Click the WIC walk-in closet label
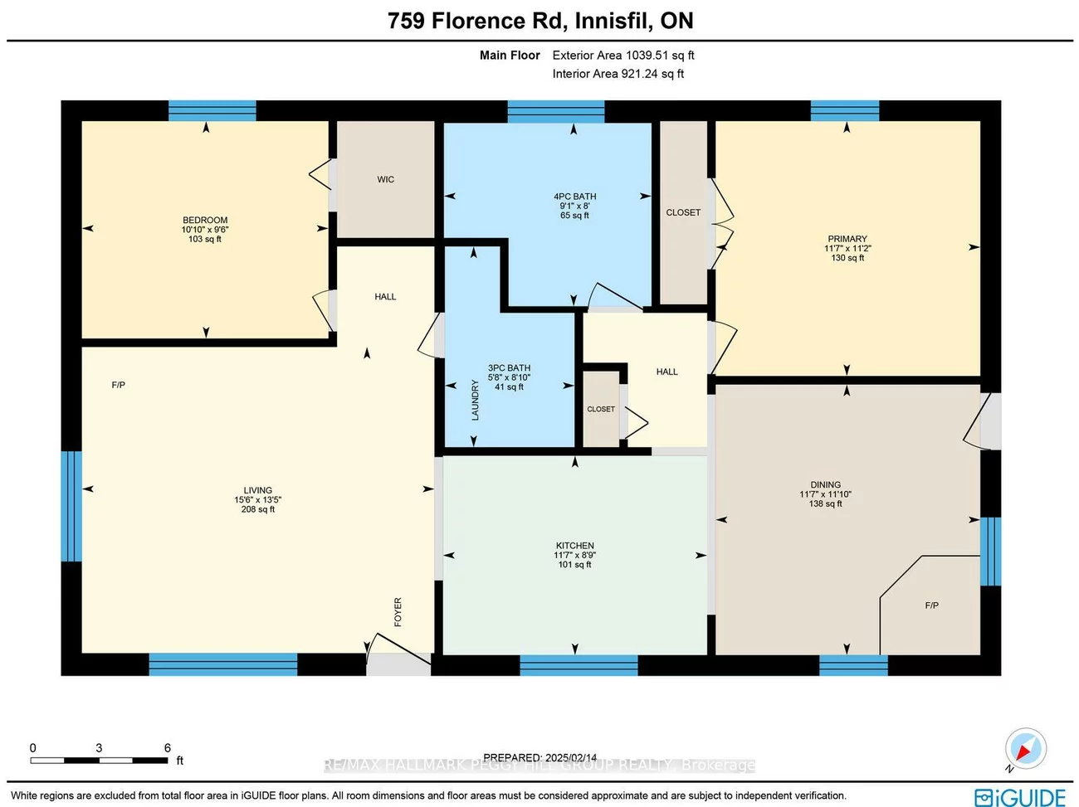pyautogui.click(x=385, y=179)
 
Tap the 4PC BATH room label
pyautogui.click(x=574, y=197)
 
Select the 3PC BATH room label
pyautogui.click(x=509, y=367)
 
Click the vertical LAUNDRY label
pyautogui.click(x=476, y=400)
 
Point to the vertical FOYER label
pyautogui.click(x=398, y=612)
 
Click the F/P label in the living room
pyautogui.click(x=119, y=385)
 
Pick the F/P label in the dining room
pyautogui.click(x=931, y=605)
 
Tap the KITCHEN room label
pyautogui.click(x=574, y=546)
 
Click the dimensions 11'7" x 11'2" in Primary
pyautogui.click(x=847, y=248)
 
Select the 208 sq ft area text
pyautogui.click(x=257, y=509)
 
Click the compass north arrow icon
pyautogui.click(x=1025, y=748)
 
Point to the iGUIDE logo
pyautogui.click(x=1020, y=797)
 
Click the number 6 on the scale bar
pyautogui.click(x=167, y=748)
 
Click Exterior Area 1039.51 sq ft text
pyautogui.click(x=622, y=56)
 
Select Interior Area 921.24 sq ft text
pyautogui.click(x=618, y=74)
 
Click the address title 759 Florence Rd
pyautogui.click(x=540, y=21)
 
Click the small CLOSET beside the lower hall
pyautogui.click(x=601, y=409)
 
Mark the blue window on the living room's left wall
pyautogui.click(x=71, y=506)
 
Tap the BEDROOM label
pyautogui.click(x=205, y=221)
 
